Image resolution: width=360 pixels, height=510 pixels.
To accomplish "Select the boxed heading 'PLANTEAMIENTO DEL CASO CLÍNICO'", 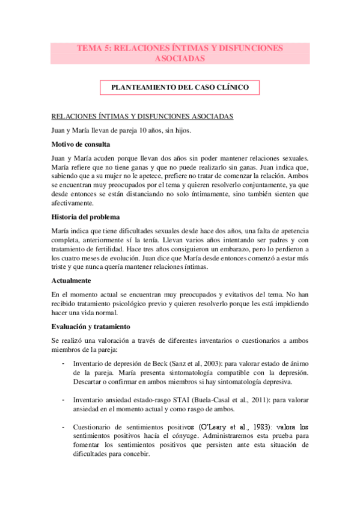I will (180, 87).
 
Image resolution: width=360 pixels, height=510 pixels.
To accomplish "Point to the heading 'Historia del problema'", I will (89, 217).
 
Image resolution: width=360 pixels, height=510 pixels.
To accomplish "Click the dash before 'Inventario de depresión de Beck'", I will (64, 364).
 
